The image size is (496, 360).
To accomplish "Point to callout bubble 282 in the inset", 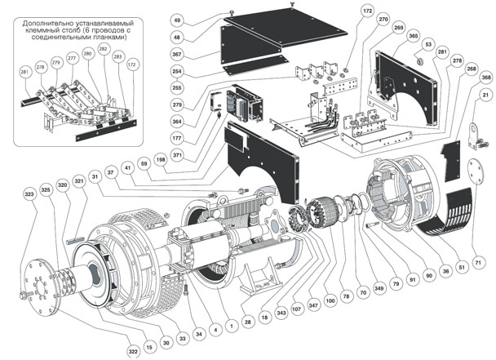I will (x=103, y=51).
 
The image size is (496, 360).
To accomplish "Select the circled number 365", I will (x=414, y=37).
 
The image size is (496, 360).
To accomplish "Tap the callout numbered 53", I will (x=428, y=45).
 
